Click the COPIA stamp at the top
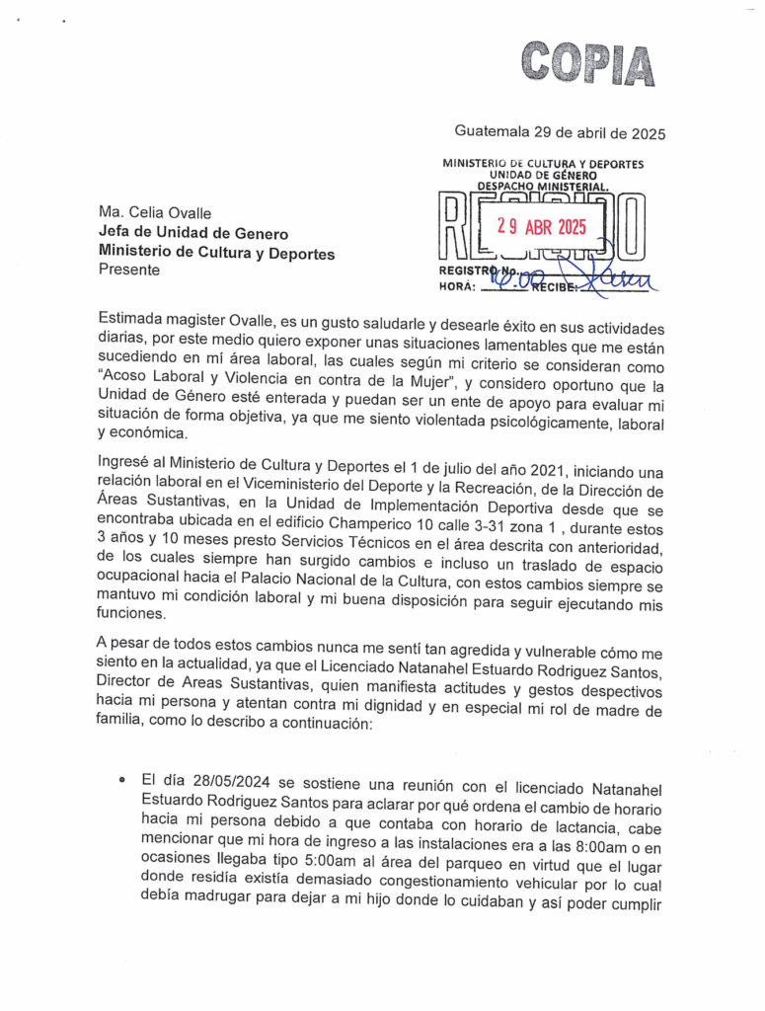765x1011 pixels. tap(588, 66)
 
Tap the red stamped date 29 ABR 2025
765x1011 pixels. tap(541, 227)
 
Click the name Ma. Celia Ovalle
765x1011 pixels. tap(155, 212)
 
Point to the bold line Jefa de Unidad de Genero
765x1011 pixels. tap(193, 233)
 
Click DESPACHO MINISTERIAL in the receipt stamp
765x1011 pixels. tap(543, 185)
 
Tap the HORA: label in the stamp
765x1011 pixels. tap(456, 287)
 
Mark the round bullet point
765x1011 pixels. tap(121, 780)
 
